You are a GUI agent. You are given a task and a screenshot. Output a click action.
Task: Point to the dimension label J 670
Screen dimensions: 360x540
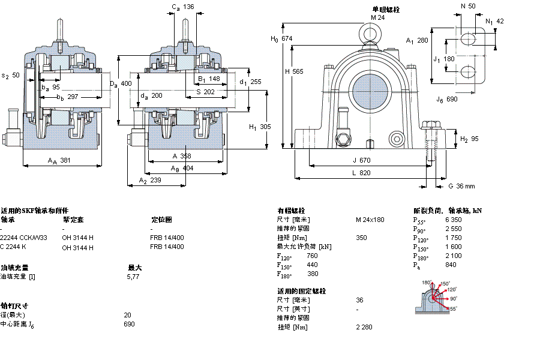coord(362,160)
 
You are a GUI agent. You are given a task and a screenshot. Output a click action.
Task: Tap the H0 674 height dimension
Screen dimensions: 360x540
coord(282,38)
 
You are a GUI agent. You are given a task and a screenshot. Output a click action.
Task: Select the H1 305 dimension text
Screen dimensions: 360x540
coord(260,127)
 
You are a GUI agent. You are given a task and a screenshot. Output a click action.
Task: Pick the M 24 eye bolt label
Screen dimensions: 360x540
coord(377,17)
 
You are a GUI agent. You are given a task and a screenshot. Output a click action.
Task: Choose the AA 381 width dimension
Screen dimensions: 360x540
coord(59,160)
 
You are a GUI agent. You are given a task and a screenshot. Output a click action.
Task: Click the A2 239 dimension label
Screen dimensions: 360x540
coord(150,181)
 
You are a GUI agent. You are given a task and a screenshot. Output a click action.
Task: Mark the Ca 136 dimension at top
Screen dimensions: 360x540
coord(183,7)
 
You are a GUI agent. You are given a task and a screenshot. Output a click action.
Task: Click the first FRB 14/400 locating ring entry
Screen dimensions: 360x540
coord(167,238)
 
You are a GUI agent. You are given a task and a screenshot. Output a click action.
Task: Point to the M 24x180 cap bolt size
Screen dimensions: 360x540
coord(370,220)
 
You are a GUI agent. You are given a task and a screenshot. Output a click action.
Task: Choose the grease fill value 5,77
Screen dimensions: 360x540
coord(133,276)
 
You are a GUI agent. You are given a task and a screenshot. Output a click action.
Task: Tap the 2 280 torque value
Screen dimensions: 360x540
coord(364,327)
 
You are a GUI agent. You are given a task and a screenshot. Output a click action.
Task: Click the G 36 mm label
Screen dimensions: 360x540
coord(461,185)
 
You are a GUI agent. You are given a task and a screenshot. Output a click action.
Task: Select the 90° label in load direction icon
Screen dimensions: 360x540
coord(453,298)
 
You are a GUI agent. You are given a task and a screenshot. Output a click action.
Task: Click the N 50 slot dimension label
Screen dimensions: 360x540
coord(467,6)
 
